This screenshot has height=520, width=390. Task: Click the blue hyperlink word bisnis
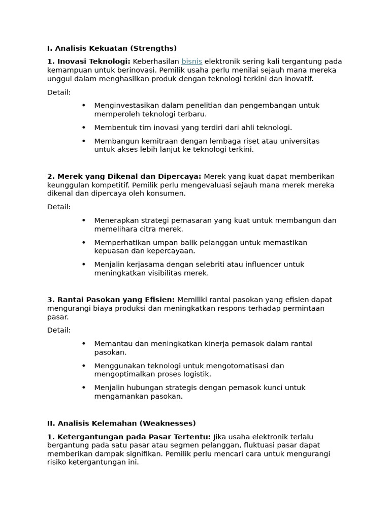coord(191,61)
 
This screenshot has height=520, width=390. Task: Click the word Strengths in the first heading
coord(153,48)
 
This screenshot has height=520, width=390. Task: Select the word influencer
coord(261,264)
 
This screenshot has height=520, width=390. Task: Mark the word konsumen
coord(168,193)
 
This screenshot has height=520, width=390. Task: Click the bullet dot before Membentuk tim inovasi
coord(84,127)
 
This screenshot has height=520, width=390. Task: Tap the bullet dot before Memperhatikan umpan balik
coord(84,242)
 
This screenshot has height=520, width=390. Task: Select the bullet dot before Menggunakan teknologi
coord(84,366)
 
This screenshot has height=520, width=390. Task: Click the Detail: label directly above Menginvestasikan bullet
coord(59,92)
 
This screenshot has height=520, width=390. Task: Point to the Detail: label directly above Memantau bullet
coord(59,330)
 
